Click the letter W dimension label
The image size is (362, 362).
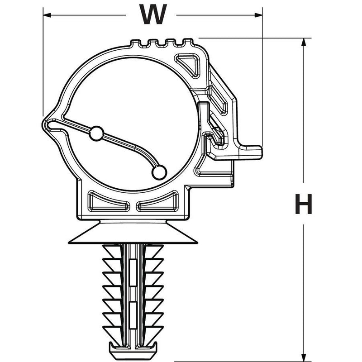tap(153, 14)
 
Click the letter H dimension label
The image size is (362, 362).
tap(304, 204)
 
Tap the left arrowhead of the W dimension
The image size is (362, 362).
tap(47, 15)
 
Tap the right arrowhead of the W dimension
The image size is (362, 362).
tap(258, 15)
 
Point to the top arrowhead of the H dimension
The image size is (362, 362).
tap(304, 42)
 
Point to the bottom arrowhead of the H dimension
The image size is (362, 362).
tap(304, 357)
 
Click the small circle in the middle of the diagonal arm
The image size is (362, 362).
tap(96, 133)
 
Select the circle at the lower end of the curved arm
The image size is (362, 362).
tap(159, 172)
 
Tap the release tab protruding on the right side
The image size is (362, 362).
tap(251, 152)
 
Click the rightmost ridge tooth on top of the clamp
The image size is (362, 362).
tap(188, 42)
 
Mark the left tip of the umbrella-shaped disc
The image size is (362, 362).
tap(69, 243)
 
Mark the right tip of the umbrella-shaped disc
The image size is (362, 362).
tap(197, 243)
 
